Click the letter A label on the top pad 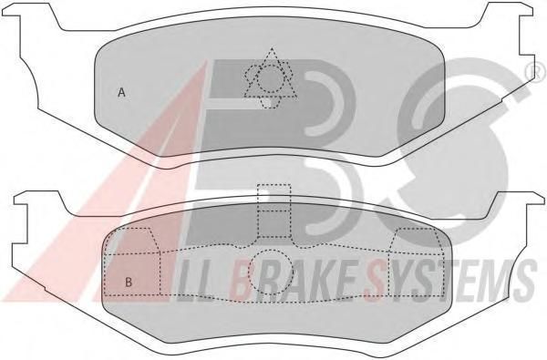tap(121, 92)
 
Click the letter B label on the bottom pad tap(129, 282)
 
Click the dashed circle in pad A tap(269, 79)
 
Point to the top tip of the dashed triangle tap(272, 47)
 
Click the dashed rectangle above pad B tap(273, 211)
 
